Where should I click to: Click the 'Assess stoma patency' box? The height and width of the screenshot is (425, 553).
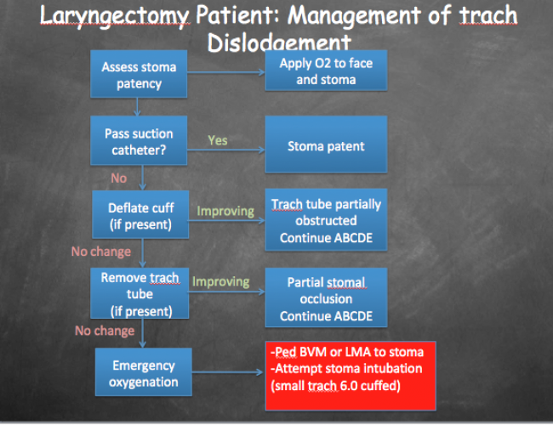(139, 74)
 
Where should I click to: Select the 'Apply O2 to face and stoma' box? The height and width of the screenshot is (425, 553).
(326, 71)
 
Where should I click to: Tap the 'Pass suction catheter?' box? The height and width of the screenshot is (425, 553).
(139, 140)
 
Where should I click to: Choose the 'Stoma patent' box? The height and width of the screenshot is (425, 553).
(326, 144)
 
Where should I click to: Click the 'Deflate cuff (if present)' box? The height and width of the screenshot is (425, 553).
(140, 214)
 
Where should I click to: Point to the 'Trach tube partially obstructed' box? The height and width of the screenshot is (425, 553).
(326, 219)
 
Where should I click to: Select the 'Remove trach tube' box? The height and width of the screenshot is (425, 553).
(140, 293)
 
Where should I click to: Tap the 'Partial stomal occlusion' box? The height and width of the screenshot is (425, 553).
(326, 297)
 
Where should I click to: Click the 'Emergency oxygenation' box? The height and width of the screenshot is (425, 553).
(144, 372)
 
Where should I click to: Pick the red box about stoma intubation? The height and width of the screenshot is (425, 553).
(351, 376)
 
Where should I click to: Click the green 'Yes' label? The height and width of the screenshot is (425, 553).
(218, 140)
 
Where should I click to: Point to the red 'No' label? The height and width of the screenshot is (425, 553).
(119, 178)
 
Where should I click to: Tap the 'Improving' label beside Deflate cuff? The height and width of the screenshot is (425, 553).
(225, 212)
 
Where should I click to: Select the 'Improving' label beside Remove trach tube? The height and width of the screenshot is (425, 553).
(221, 282)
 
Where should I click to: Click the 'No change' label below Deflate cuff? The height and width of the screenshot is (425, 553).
(101, 252)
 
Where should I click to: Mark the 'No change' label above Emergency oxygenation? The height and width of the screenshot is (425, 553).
(105, 331)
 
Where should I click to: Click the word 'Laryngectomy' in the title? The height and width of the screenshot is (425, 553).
(115, 16)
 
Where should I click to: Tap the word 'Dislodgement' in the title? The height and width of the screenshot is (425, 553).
(279, 42)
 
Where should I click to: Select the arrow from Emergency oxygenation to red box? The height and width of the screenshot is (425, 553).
(228, 372)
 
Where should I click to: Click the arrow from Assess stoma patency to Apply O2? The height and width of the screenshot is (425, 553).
(226, 72)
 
